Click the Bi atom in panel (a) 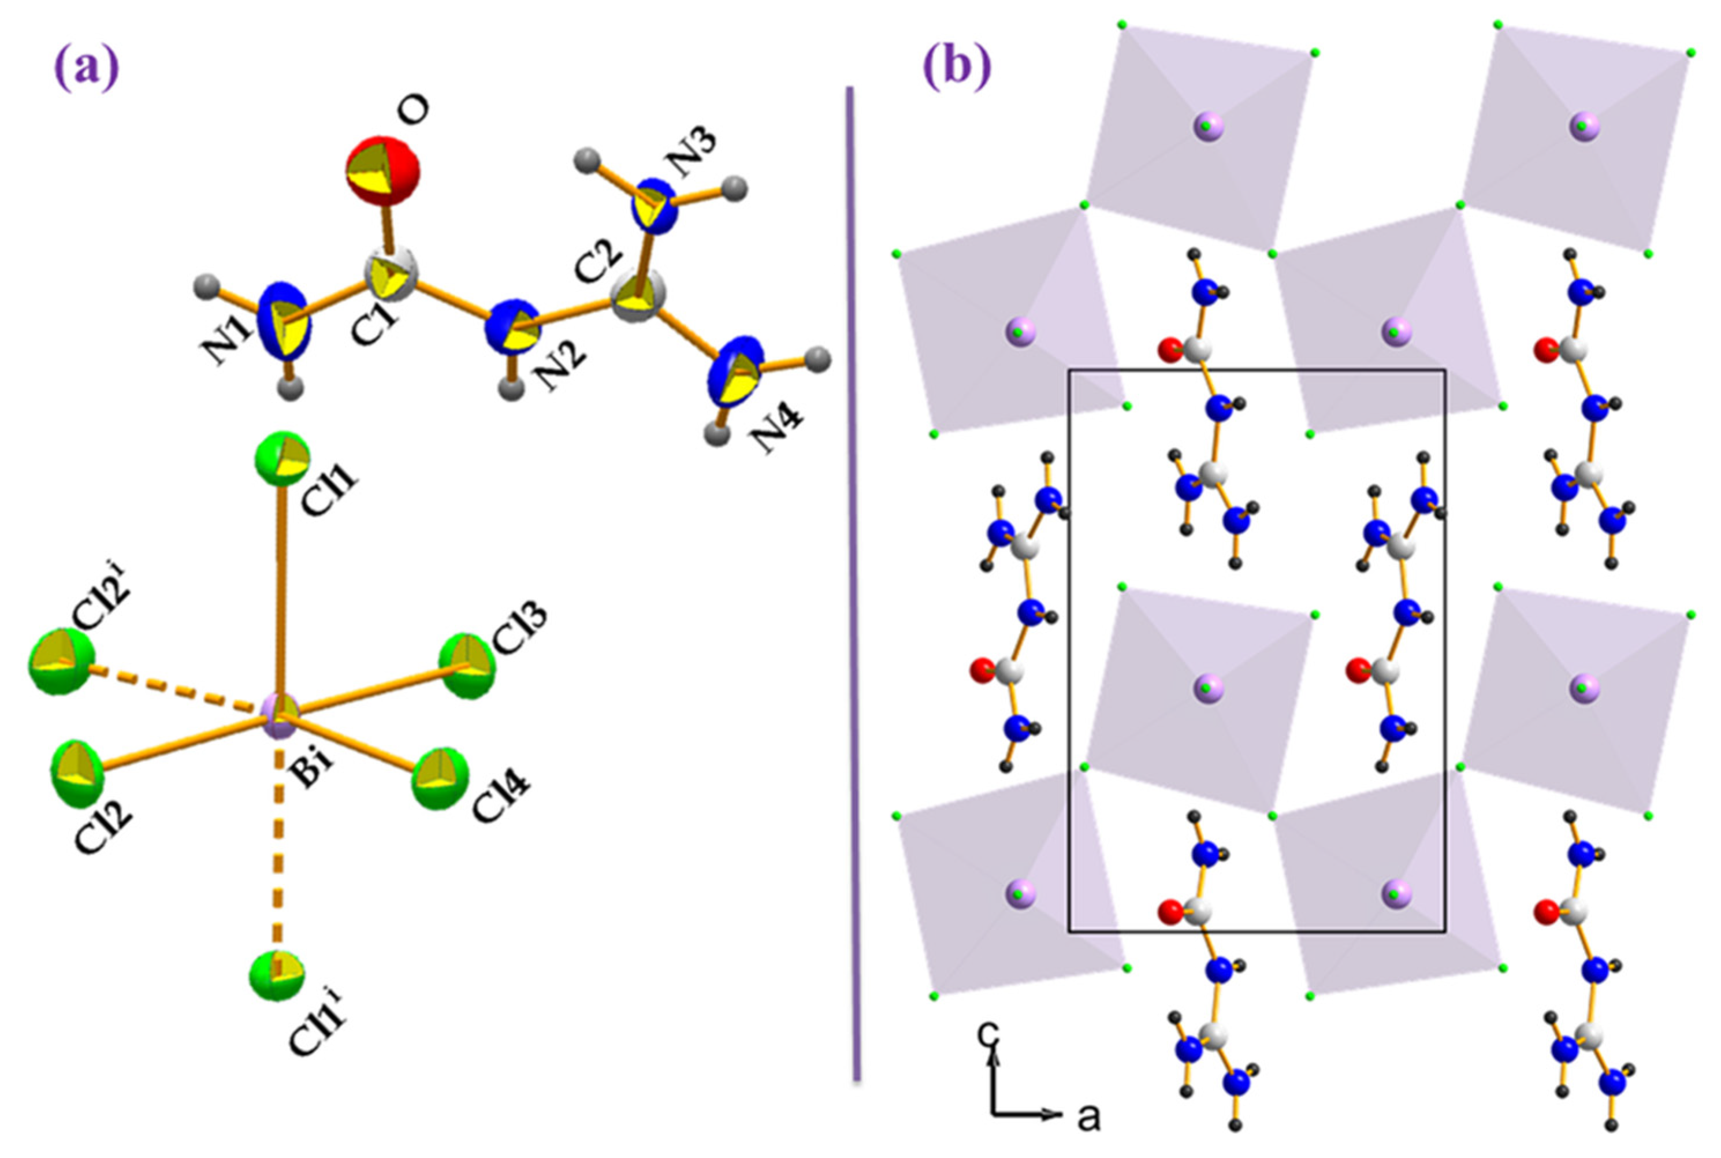point(280,715)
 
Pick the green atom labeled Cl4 point(440,778)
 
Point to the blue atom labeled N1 point(285,321)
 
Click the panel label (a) point(87,68)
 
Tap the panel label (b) point(957,68)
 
